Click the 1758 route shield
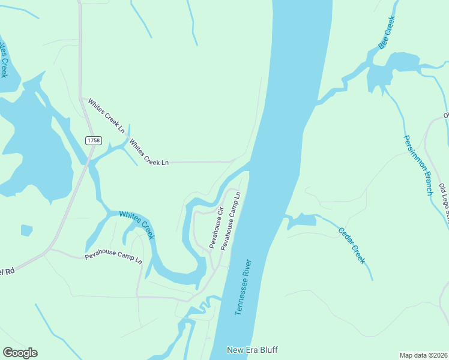pyautogui.click(x=94, y=140)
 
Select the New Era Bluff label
pyautogui.click(x=252, y=350)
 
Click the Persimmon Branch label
pyautogui.click(x=418, y=165)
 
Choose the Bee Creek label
pyautogui.click(x=387, y=33)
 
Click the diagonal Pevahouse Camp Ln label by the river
pyautogui.click(x=231, y=221)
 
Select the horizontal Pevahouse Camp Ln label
pyautogui.click(x=113, y=258)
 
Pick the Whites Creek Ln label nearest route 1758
pyautogui.click(x=106, y=116)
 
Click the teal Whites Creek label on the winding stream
pyautogui.click(x=137, y=224)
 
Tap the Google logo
pyautogui.click(x=20, y=353)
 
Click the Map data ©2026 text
pyautogui.click(x=423, y=355)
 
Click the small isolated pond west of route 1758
pyautogui.click(x=26, y=230)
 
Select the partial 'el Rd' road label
pyautogui.click(x=7, y=271)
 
